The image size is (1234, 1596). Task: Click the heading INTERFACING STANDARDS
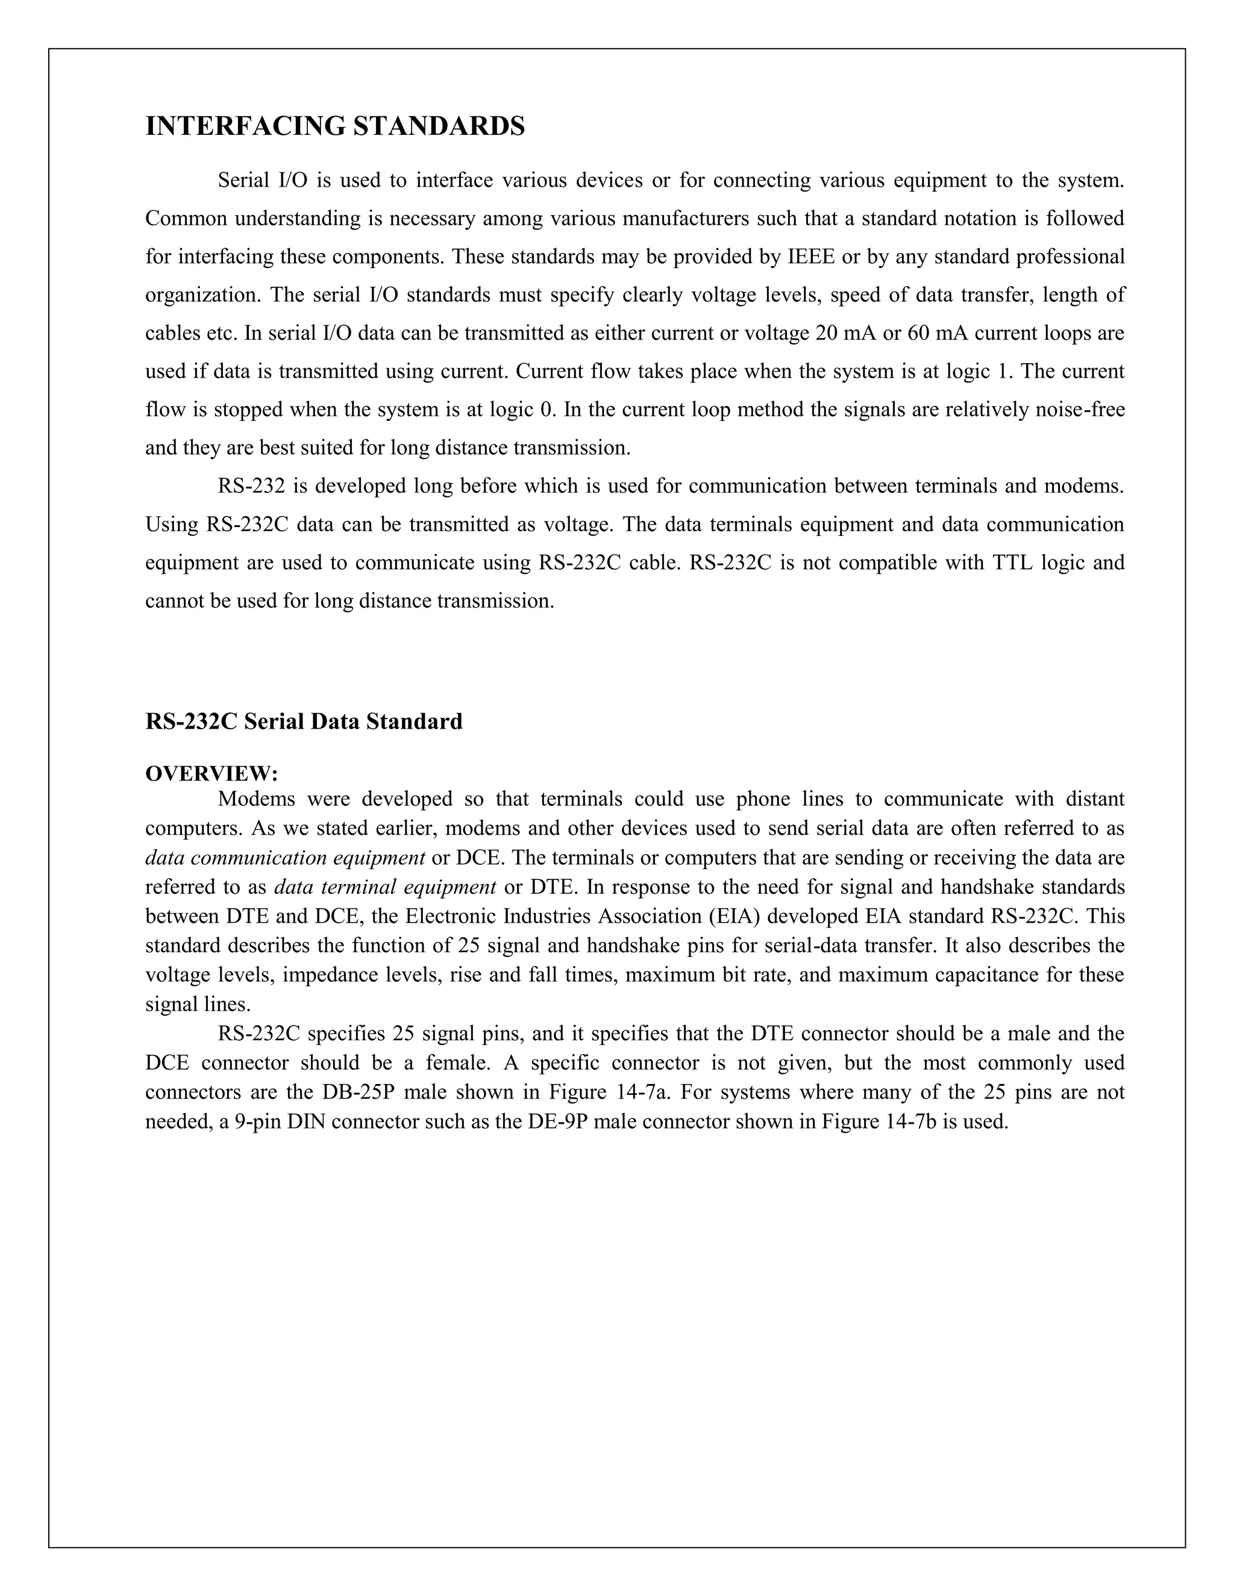335,126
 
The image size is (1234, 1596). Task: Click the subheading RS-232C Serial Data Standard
304,722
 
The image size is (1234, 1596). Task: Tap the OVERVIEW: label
211,773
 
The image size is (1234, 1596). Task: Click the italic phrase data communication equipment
285,858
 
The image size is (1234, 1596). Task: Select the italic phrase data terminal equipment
385,887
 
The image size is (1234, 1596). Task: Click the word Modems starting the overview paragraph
256,799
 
